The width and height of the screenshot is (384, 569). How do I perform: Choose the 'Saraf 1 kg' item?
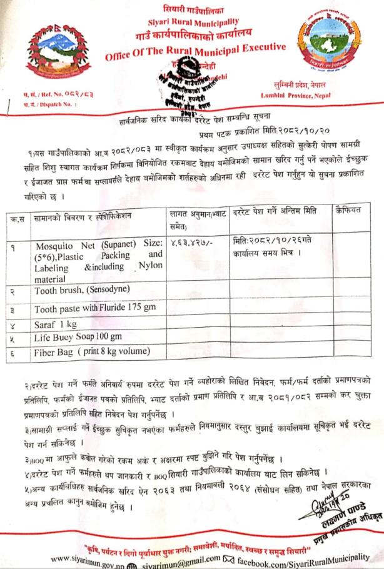point(56,324)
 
